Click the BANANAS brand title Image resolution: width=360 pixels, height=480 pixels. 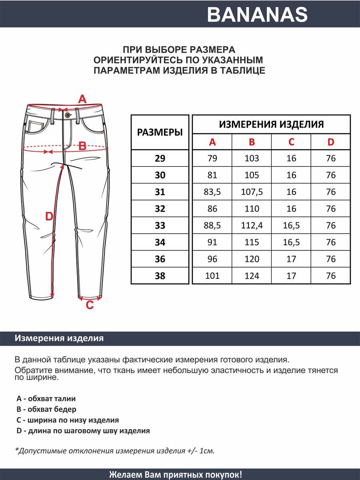pos(257,15)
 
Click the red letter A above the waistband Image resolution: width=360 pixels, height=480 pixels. pos(82,99)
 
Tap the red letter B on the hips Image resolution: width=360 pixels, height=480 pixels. pos(82,146)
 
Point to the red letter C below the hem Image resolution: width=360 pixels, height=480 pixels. pos(90,305)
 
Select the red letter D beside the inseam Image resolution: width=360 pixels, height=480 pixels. pos(49,217)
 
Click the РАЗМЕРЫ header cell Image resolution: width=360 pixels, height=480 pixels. pos(160,132)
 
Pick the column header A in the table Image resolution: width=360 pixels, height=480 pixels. pos(212,142)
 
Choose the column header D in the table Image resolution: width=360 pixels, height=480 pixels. pos(331,142)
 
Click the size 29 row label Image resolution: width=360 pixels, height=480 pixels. pos(160,158)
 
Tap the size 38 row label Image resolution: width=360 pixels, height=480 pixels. pos(160,276)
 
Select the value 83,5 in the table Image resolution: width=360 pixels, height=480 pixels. pos(212,192)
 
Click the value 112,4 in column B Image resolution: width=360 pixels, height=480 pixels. pos(252,226)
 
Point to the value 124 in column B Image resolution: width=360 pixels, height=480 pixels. pos(252,276)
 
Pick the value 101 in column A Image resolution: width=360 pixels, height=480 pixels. pos(212,276)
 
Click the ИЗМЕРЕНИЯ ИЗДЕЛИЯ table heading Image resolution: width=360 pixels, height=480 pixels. pos(271,124)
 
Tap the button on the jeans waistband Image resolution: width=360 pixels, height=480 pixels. pos(67,115)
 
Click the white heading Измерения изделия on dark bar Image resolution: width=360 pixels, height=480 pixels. pos(59,338)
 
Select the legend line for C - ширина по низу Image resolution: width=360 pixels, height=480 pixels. pos(68,420)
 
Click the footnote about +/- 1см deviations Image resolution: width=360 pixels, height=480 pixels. pos(115,451)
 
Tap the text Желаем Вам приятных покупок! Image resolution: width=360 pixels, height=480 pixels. pos(176,475)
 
